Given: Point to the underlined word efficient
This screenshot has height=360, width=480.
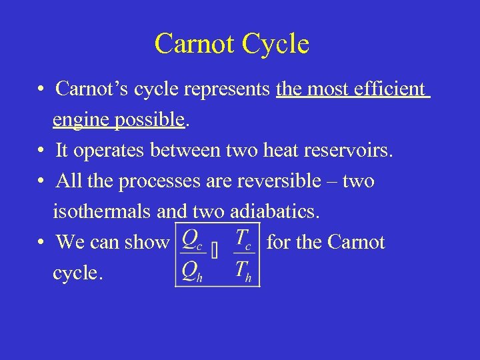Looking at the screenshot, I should [391, 89].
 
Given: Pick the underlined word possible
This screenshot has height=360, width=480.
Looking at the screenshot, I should [148, 119].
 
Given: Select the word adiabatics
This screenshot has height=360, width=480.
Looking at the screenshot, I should [275, 212].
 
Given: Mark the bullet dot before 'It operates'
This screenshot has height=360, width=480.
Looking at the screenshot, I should [41, 151].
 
